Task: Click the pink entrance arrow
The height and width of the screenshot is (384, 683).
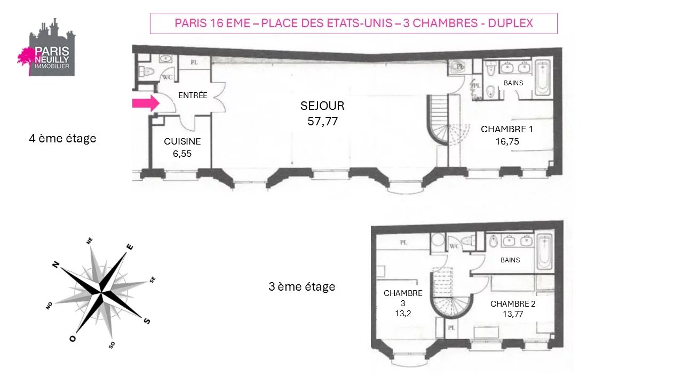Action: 146,103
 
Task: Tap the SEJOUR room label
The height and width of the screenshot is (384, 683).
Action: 322,106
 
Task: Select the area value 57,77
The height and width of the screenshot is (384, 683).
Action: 323,121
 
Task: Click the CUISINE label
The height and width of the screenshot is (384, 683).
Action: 182,141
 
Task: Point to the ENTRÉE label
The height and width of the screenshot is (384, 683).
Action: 193,95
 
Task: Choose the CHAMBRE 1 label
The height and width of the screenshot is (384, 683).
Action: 507,129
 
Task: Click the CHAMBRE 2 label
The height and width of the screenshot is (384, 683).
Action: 513,303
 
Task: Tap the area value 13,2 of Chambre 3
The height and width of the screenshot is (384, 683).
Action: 403,313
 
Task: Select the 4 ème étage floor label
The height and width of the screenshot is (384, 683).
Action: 62,138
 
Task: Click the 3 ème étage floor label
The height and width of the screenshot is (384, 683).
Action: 302,286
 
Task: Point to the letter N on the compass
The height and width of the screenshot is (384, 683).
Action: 55,264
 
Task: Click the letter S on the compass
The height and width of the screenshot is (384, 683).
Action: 147,321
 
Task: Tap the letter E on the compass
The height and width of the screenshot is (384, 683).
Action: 130,246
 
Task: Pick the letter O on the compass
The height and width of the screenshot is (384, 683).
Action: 73,339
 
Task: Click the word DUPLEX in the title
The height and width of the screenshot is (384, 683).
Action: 511,23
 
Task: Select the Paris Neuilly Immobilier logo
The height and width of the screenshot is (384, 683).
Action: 46,47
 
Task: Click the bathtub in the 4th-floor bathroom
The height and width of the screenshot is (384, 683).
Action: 543,78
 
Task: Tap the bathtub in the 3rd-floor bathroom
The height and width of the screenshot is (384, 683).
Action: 544,251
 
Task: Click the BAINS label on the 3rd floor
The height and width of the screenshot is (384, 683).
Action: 510,260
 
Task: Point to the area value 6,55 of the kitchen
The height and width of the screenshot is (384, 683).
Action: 182,154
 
